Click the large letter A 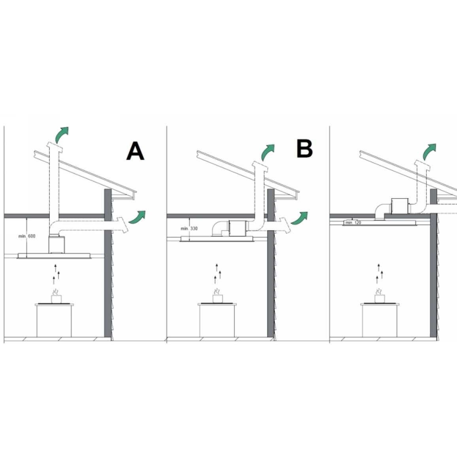(x=135, y=151)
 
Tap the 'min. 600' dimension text (x=27, y=236)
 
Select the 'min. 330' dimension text (x=189, y=228)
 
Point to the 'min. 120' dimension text (x=353, y=223)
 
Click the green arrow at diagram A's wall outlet (x=137, y=217)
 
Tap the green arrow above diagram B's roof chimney (x=268, y=152)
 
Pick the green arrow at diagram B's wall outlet (x=299, y=218)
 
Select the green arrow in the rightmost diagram (x=430, y=151)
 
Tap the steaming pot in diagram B (x=217, y=296)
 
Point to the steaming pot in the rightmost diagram (x=380, y=296)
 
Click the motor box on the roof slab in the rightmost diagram (x=400, y=206)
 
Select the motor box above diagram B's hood (x=238, y=228)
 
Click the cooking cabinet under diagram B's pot (x=217, y=320)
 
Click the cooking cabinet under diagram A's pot (x=54, y=321)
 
